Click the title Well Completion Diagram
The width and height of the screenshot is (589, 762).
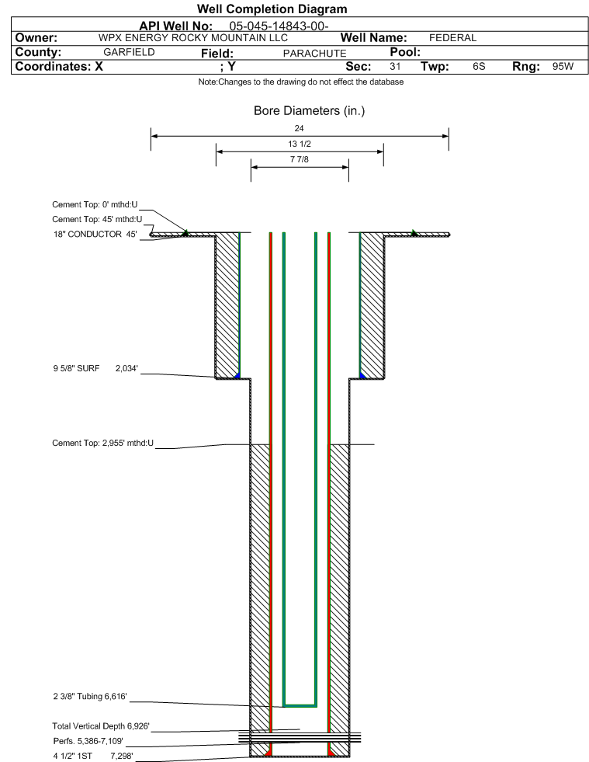click(x=272, y=9)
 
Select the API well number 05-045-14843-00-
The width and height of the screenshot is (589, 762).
click(x=279, y=26)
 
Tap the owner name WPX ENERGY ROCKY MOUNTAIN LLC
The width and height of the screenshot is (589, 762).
click(x=192, y=38)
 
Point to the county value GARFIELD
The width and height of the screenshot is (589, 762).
click(x=129, y=52)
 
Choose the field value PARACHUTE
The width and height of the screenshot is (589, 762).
click(x=314, y=53)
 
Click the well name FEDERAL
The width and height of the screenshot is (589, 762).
click(x=452, y=38)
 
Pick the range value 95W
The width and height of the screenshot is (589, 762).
click(x=563, y=66)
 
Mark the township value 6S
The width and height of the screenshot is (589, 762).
click(x=479, y=66)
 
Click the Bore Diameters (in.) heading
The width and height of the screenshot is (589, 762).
click(x=310, y=111)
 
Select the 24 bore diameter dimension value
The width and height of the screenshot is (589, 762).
click(x=299, y=128)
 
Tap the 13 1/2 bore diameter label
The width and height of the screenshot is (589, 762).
click(x=299, y=144)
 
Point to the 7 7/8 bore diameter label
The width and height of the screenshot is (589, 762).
click(x=299, y=159)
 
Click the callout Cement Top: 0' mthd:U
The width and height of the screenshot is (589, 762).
click(x=95, y=204)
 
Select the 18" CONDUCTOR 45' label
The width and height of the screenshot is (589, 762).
click(x=95, y=235)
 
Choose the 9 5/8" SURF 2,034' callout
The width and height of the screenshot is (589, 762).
click(x=95, y=368)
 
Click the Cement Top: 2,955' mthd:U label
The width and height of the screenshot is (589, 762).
click(x=103, y=444)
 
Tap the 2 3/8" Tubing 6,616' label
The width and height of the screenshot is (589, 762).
click(x=90, y=697)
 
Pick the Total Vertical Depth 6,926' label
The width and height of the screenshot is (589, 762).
click(x=101, y=726)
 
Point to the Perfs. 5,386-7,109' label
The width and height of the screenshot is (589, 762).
click(x=88, y=741)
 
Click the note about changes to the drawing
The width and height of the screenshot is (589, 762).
click(x=301, y=82)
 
